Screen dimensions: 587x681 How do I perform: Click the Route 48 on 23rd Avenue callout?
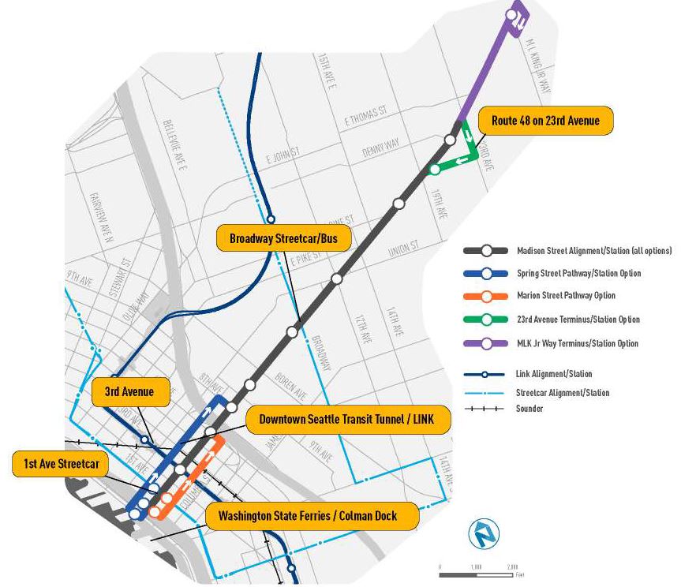click(546, 121)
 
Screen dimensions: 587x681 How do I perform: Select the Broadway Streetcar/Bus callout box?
click(283, 239)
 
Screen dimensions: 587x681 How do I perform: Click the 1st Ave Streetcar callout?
click(61, 464)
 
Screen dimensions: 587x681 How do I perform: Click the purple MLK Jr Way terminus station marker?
click(514, 13)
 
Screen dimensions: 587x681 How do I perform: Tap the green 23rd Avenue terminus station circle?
click(434, 170)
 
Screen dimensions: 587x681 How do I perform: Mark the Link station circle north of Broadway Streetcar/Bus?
click(271, 220)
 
